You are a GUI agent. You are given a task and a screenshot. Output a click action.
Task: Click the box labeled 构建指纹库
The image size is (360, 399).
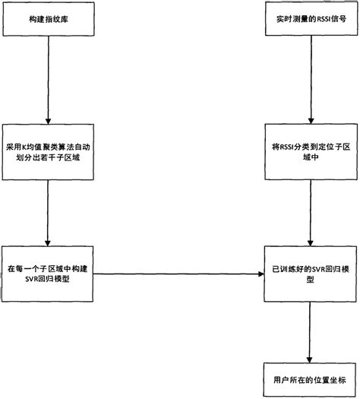click(x=48, y=17)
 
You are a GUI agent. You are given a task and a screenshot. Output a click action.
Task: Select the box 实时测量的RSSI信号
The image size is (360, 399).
click(x=308, y=17)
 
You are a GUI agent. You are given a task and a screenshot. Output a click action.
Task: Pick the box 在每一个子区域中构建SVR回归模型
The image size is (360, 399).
click(x=48, y=273)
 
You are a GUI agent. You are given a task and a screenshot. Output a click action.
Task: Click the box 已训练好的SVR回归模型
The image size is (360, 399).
click(x=308, y=273)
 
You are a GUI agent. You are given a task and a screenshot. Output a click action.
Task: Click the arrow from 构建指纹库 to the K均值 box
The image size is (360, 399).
click(x=48, y=76)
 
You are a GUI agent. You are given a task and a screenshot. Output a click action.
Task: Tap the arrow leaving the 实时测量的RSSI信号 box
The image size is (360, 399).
click(x=308, y=76)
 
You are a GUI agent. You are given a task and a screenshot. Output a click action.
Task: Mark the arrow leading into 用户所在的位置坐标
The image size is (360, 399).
click(x=308, y=327)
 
